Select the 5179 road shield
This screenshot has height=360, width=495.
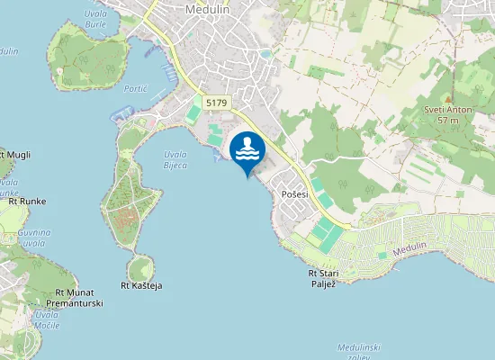[x=216, y=103]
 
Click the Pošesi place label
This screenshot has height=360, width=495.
[x=295, y=194]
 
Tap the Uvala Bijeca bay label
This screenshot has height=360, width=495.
[x=175, y=159]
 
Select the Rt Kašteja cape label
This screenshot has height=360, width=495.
[x=141, y=285]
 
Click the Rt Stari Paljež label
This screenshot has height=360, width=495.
[x=328, y=278]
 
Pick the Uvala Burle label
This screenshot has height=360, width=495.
[x=95, y=20]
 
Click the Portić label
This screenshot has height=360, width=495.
[x=136, y=90]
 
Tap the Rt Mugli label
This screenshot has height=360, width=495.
[x=14, y=155]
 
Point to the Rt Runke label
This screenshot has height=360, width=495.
[x=27, y=201]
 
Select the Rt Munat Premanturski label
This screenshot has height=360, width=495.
[x=79, y=298]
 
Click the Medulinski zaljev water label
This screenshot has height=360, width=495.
[x=359, y=350]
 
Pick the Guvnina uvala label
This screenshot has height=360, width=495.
[x=31, y=238]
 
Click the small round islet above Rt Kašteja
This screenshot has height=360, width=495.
[x=139, y=267]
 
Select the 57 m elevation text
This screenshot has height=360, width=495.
[x=448, y=120]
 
